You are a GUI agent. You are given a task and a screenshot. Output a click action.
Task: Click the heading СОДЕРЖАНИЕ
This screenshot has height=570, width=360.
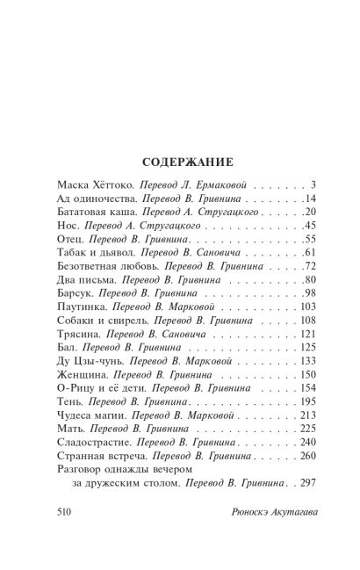[180, 162]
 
